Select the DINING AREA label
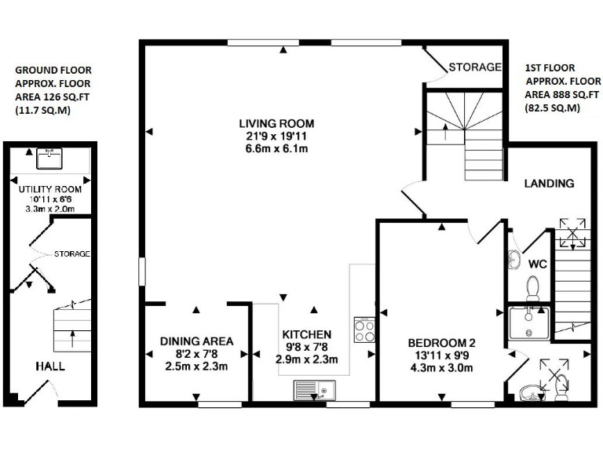(x=196, y=341)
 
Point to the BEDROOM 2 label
(x=441, y=343)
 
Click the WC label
(x=537, y=263)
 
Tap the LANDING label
(x=550, y=184)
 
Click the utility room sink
(x=51, y=159)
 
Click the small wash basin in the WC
(x=514, y=258)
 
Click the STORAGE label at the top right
(x=474, y=67)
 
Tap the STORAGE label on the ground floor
(x=73, y=254)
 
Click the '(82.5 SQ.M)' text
(x=552, y=108)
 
